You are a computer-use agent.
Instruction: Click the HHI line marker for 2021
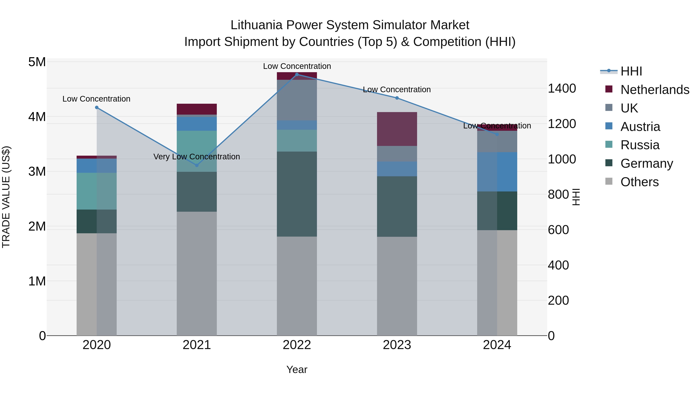coord(197,165)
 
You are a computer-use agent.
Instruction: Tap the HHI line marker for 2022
coord(297,75)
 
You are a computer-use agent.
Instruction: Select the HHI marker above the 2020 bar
coord(97,108)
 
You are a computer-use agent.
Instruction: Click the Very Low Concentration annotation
coord(197,157)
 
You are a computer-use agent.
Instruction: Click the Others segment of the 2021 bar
coord(197,273)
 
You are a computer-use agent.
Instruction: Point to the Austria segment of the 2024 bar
coord(497,172)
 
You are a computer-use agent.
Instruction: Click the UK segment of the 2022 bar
coord(297,100)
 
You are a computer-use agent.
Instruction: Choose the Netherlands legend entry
coord(655,90)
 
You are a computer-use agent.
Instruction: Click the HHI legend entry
coord(631,71)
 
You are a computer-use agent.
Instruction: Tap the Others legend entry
coord(639,182)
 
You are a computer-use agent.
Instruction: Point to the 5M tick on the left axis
coord(37,62)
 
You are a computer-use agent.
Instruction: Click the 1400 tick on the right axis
coord(561,88)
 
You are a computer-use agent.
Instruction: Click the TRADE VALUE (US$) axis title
coord(6,197)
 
